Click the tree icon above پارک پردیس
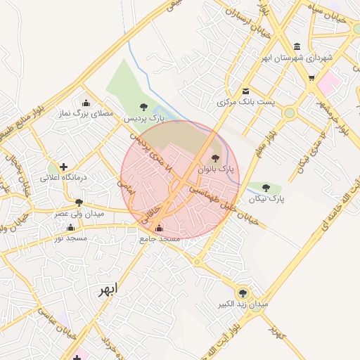[x=143, y=108]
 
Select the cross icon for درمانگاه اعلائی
[x=64, y=167]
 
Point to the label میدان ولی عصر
[x=79, y=212]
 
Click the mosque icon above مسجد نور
[x=70, y=227]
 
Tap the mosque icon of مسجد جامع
[x=159, y=228]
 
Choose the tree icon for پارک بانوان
[x=215, y=158]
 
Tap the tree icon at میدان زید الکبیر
[x=243, y=292]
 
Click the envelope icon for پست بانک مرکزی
[x=245, y=91]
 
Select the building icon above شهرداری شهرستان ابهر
[x=296, y=46]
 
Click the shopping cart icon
[x=311, y=78]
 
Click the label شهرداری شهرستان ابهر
[x=296, y=58]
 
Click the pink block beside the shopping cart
[x=329, y=84]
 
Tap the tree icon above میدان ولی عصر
[x=79, y=202]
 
